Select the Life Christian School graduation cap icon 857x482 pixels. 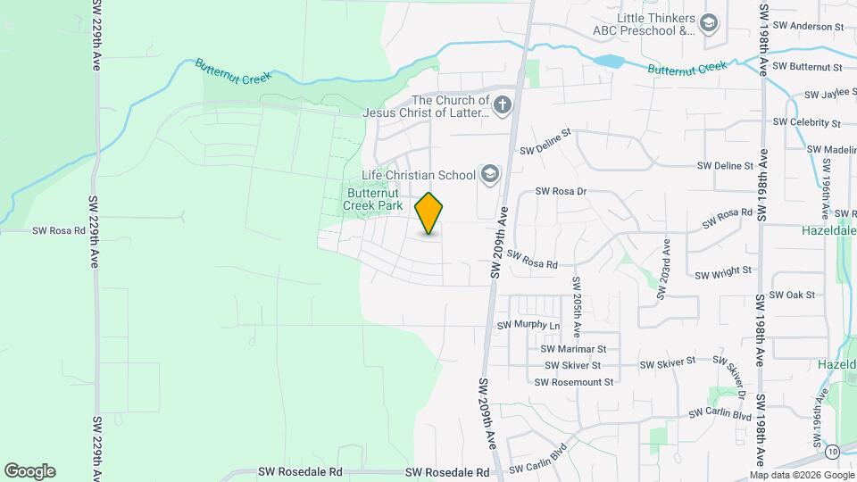[x=489, y=174]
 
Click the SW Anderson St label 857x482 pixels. [x=808, y=27]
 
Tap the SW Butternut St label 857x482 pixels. [x=807, y=66]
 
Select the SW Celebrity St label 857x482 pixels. [x=807, y=121]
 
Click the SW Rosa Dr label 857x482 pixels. [x=561, y=191]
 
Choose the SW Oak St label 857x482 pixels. [x=793, y=295]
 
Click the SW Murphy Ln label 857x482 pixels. [x=528, y=325]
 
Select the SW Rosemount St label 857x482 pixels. [x=574, y=382]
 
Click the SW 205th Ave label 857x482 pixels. [x=578, y=306]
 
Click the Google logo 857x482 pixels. [x=29, y=471]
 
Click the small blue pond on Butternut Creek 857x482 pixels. [x=608, y=62]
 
